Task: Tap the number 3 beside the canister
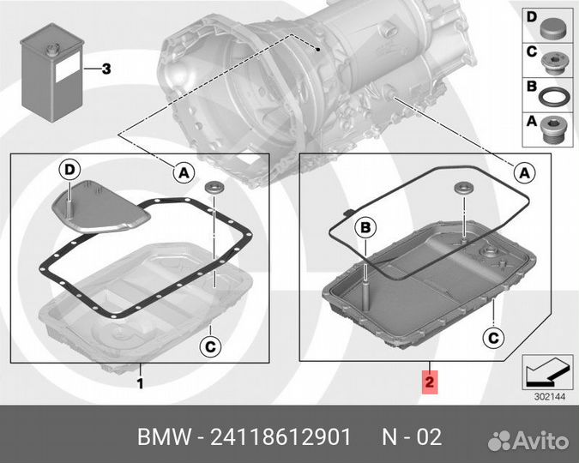106,69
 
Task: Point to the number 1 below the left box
140,382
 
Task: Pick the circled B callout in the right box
365,226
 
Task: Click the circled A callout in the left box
182,172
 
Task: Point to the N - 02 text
411,437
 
